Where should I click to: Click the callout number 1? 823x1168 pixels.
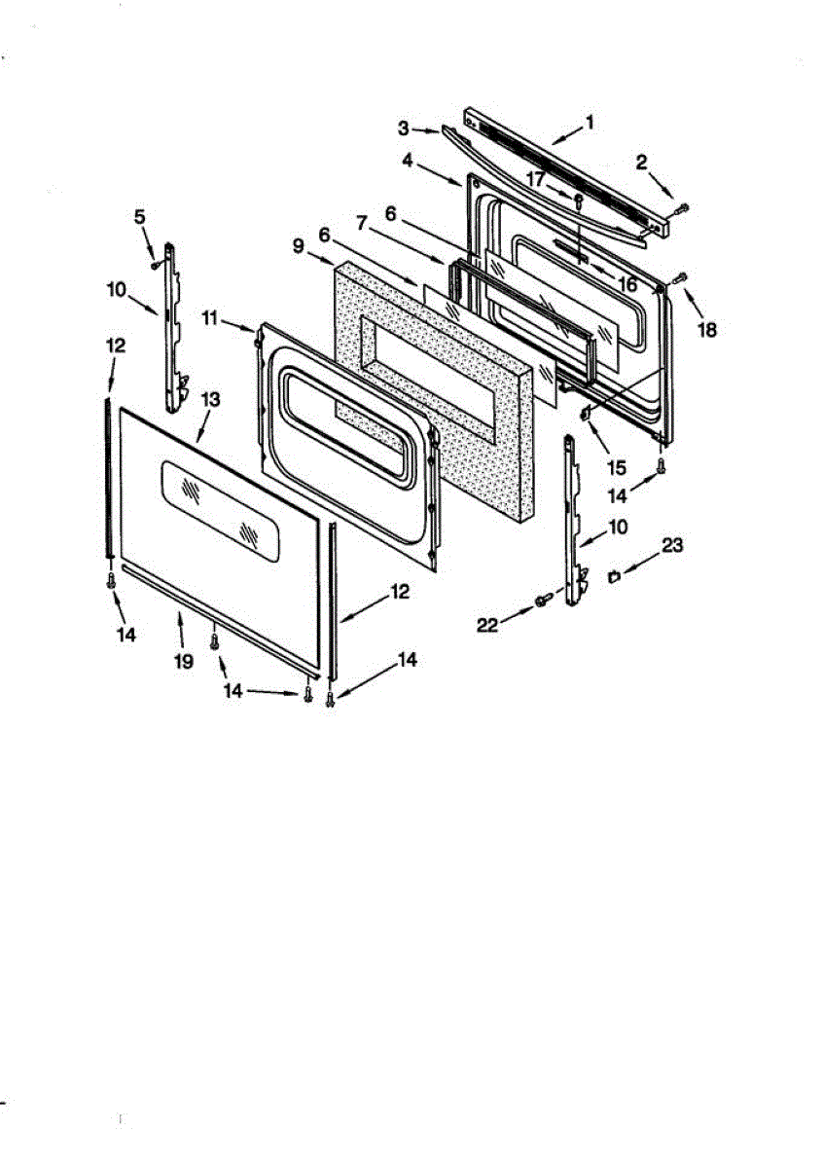590,123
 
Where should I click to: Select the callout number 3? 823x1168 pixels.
403,127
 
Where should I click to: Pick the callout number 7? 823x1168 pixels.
363,224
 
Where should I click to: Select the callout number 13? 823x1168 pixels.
210,399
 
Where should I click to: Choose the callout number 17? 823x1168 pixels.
536,178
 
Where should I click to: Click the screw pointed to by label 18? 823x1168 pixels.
682,278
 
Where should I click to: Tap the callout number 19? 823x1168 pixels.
184,661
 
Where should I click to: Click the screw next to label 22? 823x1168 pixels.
542,603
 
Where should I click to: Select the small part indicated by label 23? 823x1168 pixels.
613,577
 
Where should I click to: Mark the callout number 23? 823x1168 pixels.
672,547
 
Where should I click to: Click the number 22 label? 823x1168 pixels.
487,626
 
